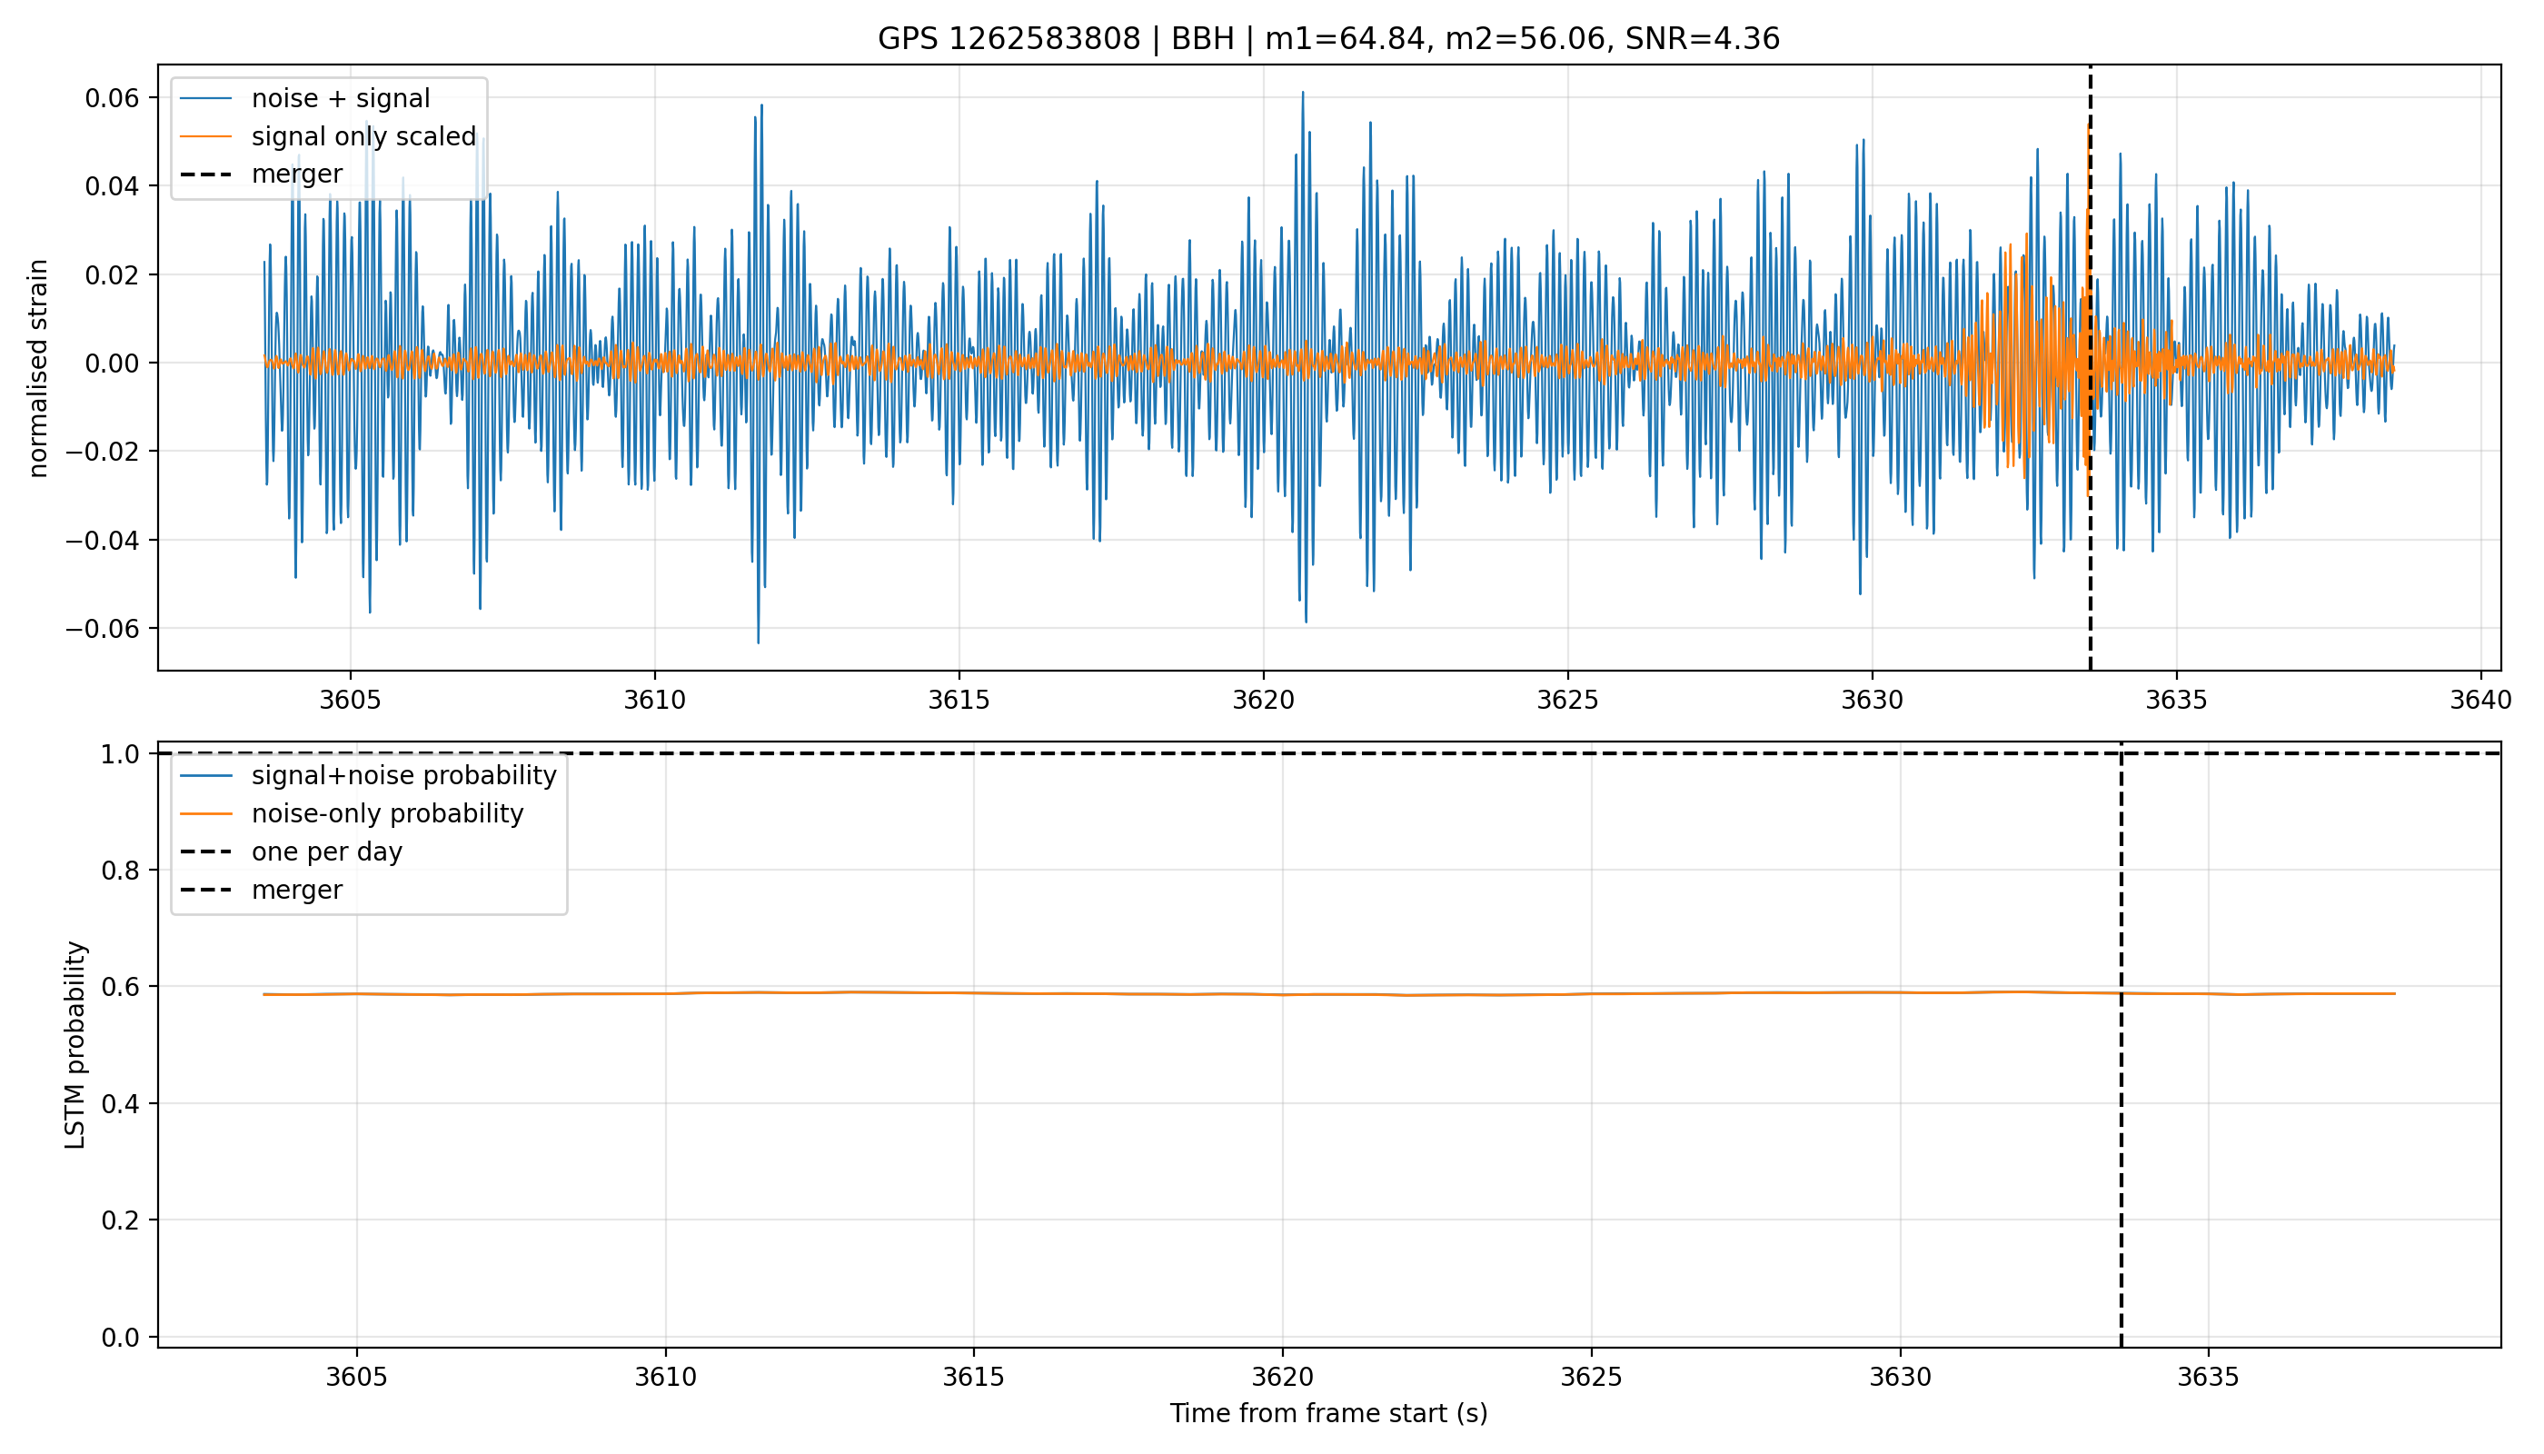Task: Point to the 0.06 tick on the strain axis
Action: coord(112,98)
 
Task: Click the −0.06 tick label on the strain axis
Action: coord(103,628)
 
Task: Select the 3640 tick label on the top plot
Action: coord(2480,700)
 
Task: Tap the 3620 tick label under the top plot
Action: coord(1263,700)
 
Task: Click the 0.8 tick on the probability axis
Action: coord(120,871)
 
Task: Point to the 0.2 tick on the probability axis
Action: coord(120,1220)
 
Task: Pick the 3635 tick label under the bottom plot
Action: coord(2208,1377)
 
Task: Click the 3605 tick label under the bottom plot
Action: coord(356,1377)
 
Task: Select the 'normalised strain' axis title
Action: coord(38,368)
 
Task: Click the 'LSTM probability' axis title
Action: coord(75,1044)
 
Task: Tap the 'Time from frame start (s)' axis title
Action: coord(1329,1414)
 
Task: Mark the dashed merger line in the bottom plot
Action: coord(2121,1044)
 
